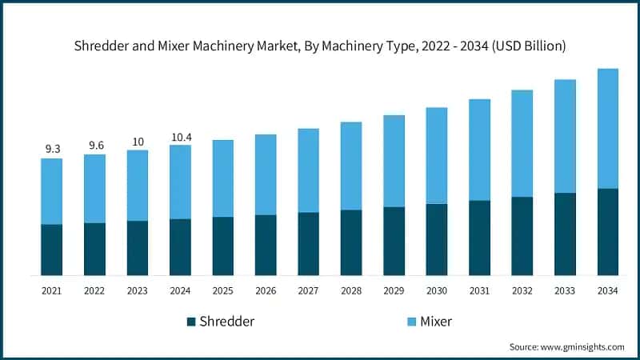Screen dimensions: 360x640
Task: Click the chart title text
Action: pyautogui.click(x=320, y=46)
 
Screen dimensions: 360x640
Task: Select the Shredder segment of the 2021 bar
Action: pyautogui.click(x=52, y=250)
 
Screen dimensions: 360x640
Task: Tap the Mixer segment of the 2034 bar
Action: pyautogui.click(x=608, y=128)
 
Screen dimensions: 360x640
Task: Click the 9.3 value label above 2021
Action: pyautogui.click(x=52, y=149)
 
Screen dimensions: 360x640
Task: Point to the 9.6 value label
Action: pyautogui.click(x=95, y=145)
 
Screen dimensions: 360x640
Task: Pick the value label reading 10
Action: pyautogui.click(x=138, y=142)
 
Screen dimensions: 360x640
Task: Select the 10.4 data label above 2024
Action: pyautogui.click(x=181, y=137)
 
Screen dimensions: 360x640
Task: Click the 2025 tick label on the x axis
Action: pyautogui.click(x=223, y=291)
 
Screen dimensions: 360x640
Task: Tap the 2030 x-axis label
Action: pyautogui.click(x=437, y=291)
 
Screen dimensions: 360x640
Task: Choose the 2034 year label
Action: pyautogui.click(x=608, y=291)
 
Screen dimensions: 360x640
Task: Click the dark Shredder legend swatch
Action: pyautogui.click(x=191, y=322)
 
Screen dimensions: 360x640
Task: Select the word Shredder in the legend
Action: pyautogui.click(x=227, y=322)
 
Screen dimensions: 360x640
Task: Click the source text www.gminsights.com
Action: pyautogui.click(x=566, y=346)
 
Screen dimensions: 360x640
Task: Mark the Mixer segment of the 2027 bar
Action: pyautogui.click(x=309, y=170)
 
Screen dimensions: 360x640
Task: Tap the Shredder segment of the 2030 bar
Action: pyautogui.click(x=437, y=239)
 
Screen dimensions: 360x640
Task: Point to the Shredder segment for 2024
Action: pyautogui.click(x=181, y=246)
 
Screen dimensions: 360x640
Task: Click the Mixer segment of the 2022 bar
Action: pyautogui.click(x=95, y=188)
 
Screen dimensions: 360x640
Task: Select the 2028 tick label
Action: pyautogui.click(x=351, y=291)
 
